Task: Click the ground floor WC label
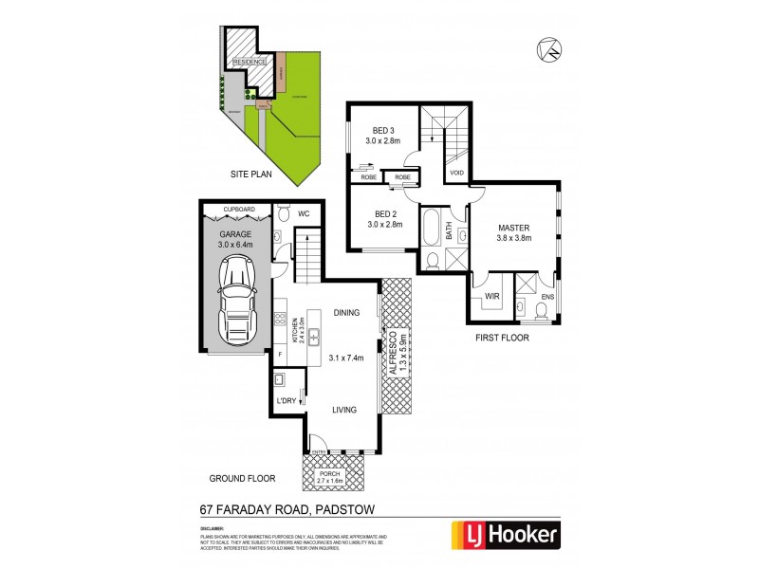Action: (305, 214)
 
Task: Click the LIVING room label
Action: (343, 410)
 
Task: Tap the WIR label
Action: (491, 298)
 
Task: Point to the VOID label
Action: (456, 173)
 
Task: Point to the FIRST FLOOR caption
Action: (503, 337)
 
